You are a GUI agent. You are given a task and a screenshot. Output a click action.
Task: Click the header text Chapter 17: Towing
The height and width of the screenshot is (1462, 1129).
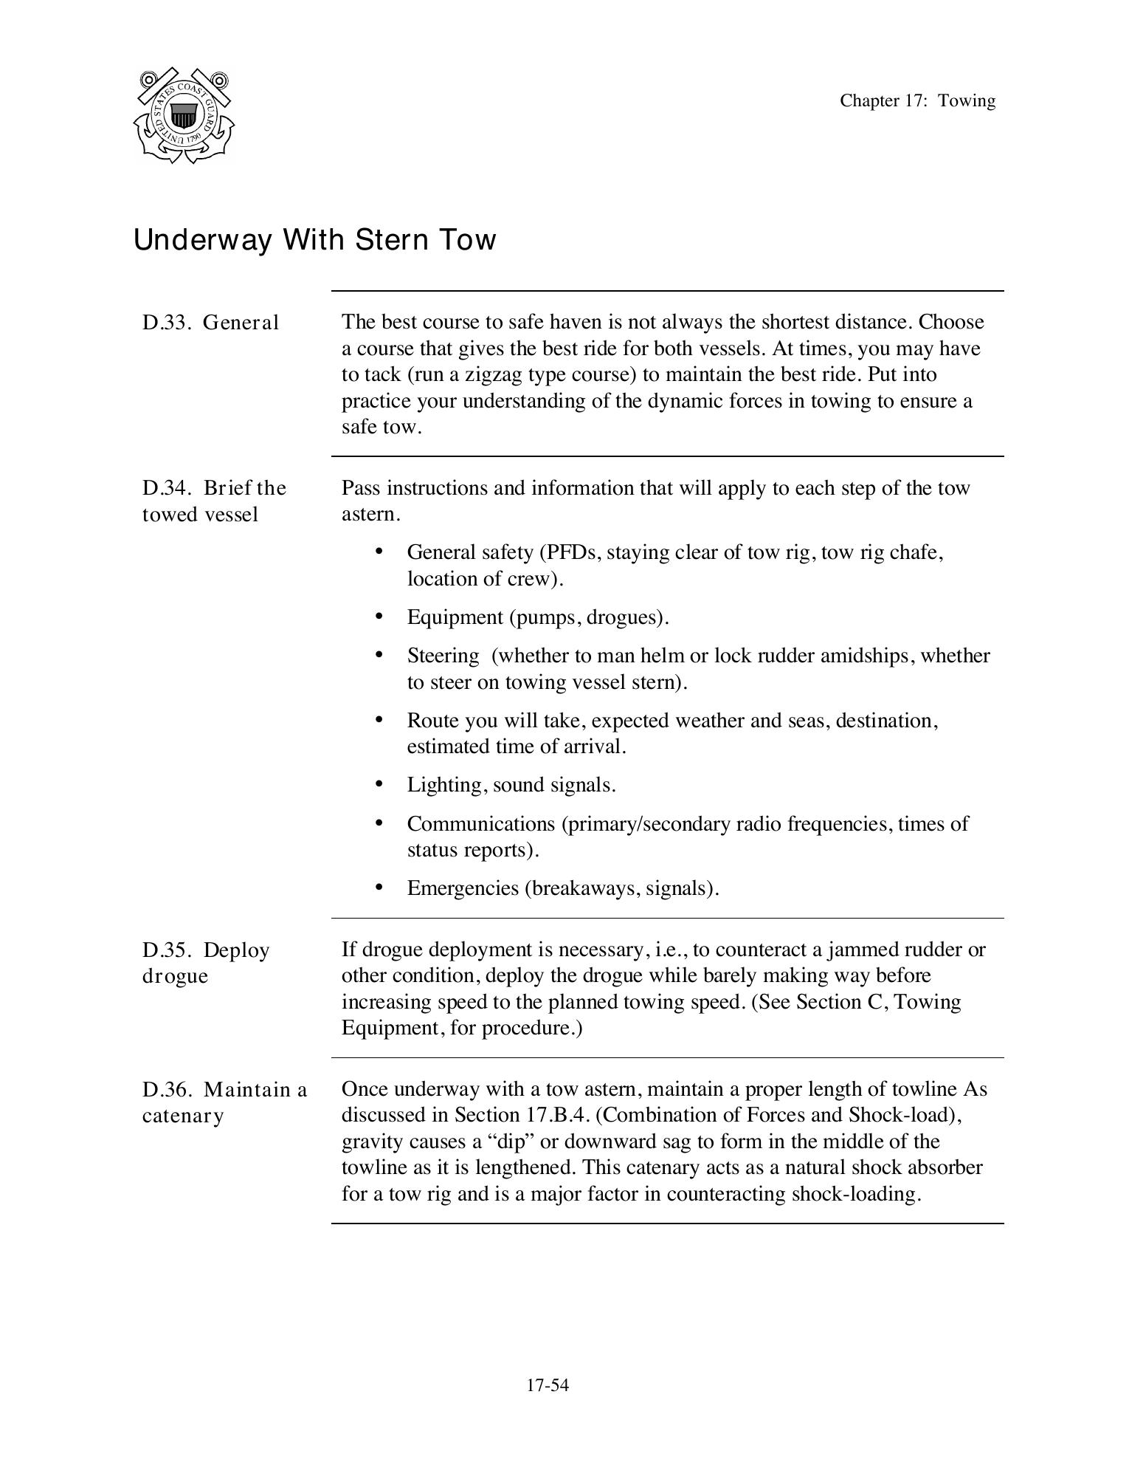coord(917,101)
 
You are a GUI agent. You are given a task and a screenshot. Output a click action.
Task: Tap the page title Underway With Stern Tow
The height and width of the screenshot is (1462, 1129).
coord(314,240)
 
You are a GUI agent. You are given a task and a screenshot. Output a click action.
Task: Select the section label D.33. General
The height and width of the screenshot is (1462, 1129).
coord(210,323)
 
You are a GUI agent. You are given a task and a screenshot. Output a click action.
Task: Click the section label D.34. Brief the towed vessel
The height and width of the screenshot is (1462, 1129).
coord(213,501)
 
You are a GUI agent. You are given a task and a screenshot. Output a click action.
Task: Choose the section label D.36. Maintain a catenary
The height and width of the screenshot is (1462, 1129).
coord(224,1102)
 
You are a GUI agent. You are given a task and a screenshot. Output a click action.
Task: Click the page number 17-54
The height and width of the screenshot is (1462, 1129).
coord(548,1385)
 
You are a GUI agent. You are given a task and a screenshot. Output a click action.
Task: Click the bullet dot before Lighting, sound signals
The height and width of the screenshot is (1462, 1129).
coord(379,783)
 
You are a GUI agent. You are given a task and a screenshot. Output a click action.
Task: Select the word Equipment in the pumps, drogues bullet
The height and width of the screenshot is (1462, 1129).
coord(455,617)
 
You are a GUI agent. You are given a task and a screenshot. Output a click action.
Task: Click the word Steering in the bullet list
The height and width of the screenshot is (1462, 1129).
coord(443,656)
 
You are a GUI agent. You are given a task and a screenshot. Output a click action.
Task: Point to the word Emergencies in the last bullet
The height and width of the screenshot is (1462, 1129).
coord(463,888)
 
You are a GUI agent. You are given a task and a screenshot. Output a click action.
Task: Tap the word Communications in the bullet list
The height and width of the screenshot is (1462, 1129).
coord(481,823)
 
